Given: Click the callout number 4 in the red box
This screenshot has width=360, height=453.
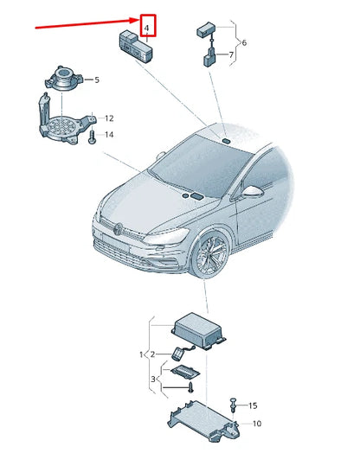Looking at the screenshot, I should pyautogui.click(x=148, y=29).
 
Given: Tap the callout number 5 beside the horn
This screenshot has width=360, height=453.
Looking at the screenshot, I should pyautogui.click(x=96, y=80).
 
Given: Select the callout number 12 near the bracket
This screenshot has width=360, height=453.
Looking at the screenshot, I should pyautogui.click(x=109, y=118).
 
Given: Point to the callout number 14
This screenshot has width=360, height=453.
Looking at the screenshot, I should pyautogui.click(x=109, y=135).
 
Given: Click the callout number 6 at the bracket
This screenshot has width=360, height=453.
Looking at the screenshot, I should pyautogui.click(x=244, y=41).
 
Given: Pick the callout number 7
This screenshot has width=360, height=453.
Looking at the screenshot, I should pyautogui.click(x=230, y=56).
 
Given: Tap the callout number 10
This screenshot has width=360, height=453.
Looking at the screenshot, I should pyautogui.click(x=256, y=424).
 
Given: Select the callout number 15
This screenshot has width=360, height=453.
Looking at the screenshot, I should pyautogui.click(x=253, y=405).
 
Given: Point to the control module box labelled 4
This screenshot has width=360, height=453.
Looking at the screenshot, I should pyautogui.click(x=135, y=46).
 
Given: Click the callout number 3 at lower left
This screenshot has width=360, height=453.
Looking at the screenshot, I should pyautogui.click(x=152, y=378).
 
